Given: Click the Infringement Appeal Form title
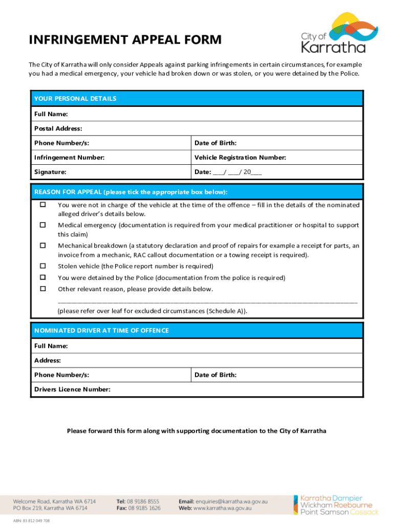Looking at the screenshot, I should tap(125, 40).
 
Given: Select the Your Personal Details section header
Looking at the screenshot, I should tap(75, 98).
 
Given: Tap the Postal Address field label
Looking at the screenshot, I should tap(58, 128).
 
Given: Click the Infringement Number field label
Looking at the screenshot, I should tap(69, 158).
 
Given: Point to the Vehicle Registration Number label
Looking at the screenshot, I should tap(240, 158).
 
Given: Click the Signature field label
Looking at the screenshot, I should tap(50, 172).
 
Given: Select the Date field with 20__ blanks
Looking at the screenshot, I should tap(228, 172).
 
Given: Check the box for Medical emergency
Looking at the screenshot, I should tap(43, 225).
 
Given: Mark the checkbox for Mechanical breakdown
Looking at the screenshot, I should tap(43, 246).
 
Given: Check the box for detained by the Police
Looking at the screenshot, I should tap(43, 277).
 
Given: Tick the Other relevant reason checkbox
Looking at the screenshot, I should tap(43, 289).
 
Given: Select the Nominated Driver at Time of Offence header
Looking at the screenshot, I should tap(101, 331).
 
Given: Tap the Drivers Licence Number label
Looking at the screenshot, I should tap(72, 389).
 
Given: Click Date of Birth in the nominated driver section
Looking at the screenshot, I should tap(215, 375).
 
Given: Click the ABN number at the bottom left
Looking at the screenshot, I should tap(32, 520).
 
